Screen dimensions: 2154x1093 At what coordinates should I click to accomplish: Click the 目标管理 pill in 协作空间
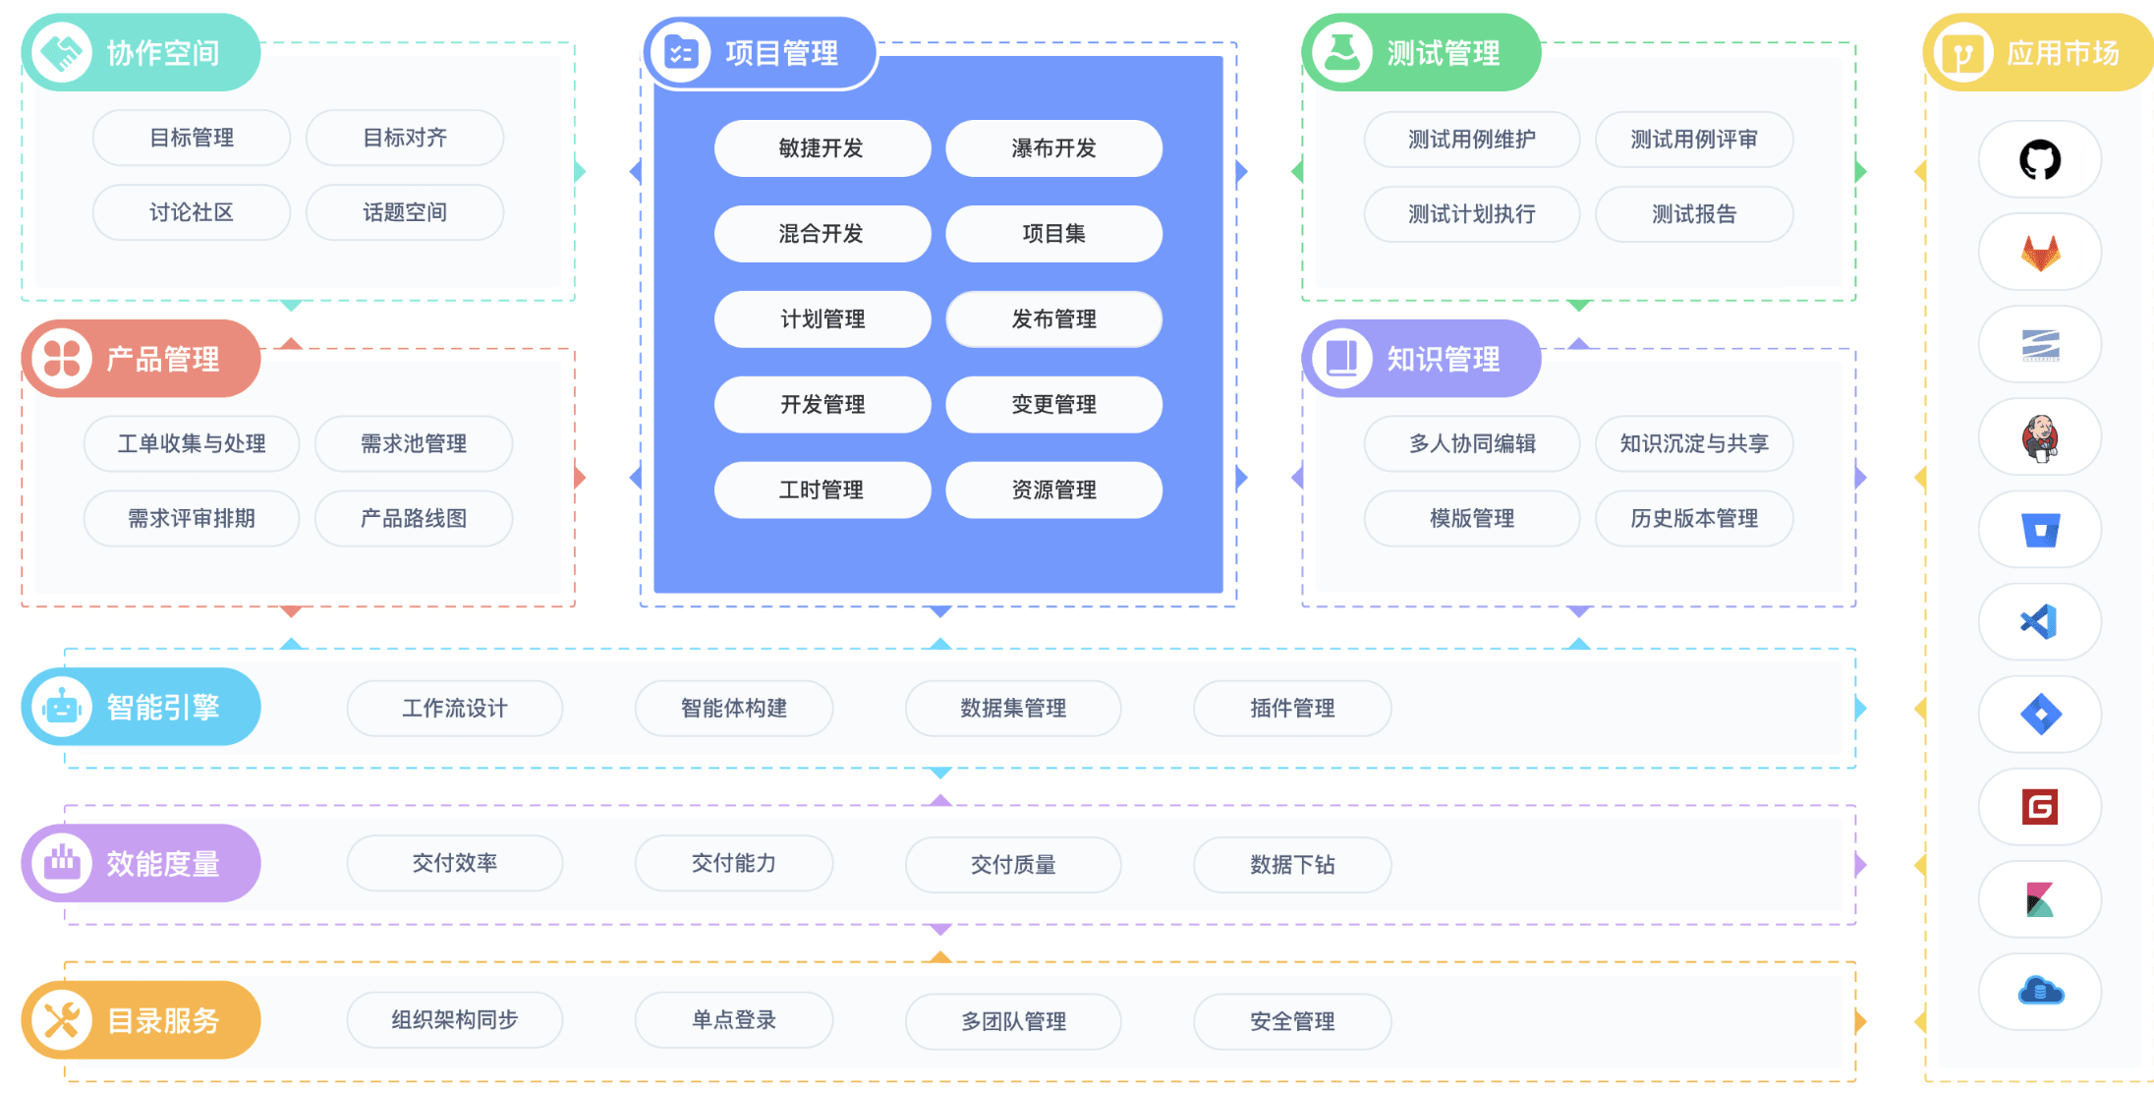coord(192,138)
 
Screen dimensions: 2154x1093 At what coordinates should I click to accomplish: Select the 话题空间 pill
coord(405,212)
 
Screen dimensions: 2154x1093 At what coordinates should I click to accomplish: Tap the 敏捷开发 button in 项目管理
coord(822,148)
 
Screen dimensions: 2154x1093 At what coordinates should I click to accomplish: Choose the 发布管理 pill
coord(1053,319)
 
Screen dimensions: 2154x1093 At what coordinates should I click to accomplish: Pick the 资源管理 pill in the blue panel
coord(1053,489)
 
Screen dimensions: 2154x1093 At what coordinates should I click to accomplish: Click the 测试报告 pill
coord(1694,214)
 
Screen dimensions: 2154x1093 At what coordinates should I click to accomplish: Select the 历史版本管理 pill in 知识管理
coord(1694,518)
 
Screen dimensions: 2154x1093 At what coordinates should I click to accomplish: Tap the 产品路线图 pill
coord(414,518)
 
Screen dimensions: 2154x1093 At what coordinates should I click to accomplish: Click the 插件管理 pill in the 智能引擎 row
coord(1292,708)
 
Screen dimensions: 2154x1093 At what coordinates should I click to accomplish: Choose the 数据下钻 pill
coord(1292,864)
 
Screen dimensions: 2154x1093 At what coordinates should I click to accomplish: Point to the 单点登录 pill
coord(734,1020)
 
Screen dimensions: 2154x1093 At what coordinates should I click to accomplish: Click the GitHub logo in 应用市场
coord(2040,159)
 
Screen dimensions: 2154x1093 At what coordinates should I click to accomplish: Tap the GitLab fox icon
coord(2040,253)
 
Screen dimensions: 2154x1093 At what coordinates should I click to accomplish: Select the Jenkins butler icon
coord(2040,437)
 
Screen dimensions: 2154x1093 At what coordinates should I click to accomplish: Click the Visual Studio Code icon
coord(2039,622)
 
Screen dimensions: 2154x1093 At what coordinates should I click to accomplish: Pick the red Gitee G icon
coord(2040,807)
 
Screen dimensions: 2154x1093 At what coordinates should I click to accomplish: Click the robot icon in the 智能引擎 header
coord(62,707)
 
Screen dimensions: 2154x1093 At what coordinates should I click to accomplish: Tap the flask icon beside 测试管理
coord(1342,52)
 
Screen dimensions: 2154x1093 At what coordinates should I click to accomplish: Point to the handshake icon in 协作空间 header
coord(62,52)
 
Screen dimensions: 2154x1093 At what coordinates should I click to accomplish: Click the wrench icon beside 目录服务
coord(62,1020)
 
